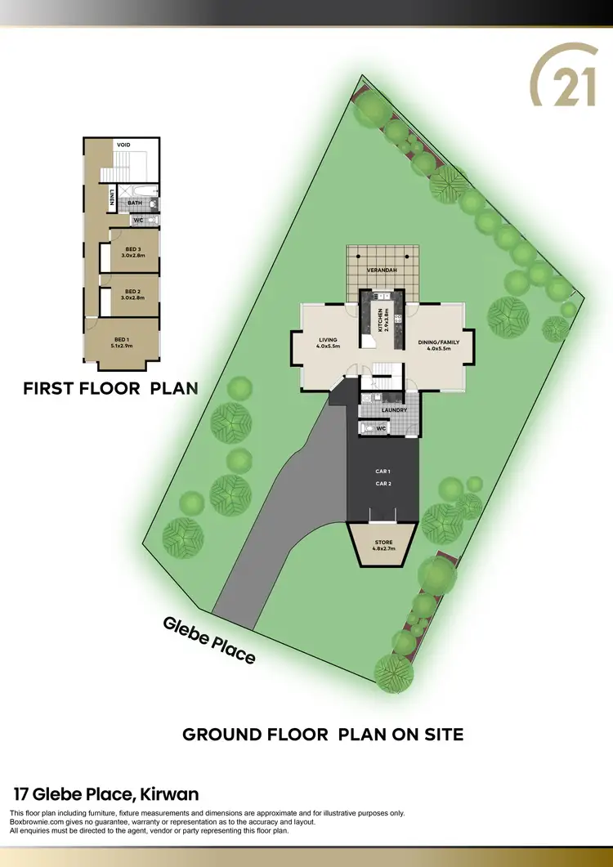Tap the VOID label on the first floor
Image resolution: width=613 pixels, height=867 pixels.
[123, 145]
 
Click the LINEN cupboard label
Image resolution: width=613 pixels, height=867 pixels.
[111, 199]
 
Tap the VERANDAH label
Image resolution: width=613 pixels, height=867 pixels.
[382, 270]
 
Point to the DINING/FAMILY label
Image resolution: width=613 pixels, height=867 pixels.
[435, 343]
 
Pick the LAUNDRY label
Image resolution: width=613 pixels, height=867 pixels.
[394, 410]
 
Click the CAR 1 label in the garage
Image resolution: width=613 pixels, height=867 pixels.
[383, 472]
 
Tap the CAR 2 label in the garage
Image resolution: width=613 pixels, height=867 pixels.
[383, 484]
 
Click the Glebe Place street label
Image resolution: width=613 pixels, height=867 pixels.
[209, 640]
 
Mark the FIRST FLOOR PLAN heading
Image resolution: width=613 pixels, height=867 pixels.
[110, 388]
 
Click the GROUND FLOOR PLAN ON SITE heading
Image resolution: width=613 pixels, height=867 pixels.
[323, 735]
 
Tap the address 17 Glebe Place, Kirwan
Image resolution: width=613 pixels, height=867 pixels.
[106, 793]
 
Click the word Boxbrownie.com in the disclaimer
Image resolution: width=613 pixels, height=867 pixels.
[33, 822]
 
